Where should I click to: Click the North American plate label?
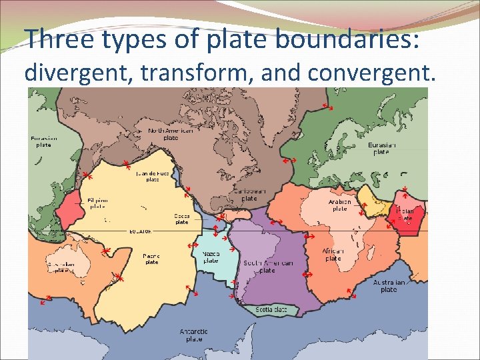[171, 134]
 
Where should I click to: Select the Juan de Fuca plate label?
[152, 176]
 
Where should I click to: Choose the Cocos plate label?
[182, 219]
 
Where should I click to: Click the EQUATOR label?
[141, 231]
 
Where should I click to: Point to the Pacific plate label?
[151, 259]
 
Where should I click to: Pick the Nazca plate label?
[211, 257]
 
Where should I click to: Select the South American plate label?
[267, 267]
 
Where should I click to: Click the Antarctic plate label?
[194, 335]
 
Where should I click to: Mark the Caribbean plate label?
[249, 195]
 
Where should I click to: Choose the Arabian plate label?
[339, 205]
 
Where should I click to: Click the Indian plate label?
[405, 214]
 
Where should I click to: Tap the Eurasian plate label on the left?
[44, 141]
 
